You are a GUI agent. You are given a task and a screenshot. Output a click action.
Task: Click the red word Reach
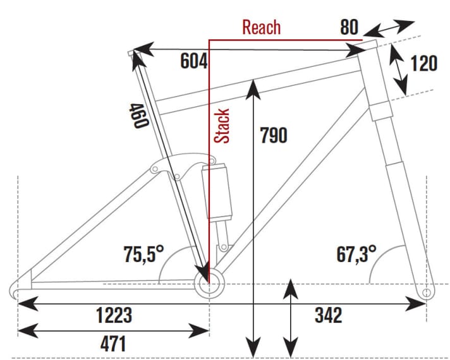pyautogui.click(x=261, y=28)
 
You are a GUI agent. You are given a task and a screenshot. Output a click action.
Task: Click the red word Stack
pyautogui.click(x=222, y=126)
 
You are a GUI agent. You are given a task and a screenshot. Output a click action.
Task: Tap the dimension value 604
pyautogui.click(x=193, y=62)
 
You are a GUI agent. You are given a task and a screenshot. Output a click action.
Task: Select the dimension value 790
pyautogui.click(x=273, y=135)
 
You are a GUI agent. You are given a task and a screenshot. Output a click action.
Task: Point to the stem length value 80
pyautogui.click(x=349, y=28)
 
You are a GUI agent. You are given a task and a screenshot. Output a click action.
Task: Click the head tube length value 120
pyautogui.click(x=423, y=64)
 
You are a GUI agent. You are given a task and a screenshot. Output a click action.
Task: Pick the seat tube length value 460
pyautogui.click(x=138, y=116)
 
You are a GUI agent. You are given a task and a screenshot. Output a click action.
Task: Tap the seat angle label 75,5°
pyautogui.click(x=143, y=255)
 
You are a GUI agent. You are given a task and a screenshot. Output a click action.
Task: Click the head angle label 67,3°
pyautogui.click(x=356, y=255)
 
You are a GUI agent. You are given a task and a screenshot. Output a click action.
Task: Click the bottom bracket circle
pyautogui.click(x=209, y=283)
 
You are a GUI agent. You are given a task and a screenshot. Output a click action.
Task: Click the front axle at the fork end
pyautogui.click(x=427, y=292)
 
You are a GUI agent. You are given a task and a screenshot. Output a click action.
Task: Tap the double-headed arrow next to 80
pyautogui.click(x=389, y=28)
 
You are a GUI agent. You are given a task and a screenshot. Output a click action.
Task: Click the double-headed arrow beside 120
pyautogui.click(x=398, y=69)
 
